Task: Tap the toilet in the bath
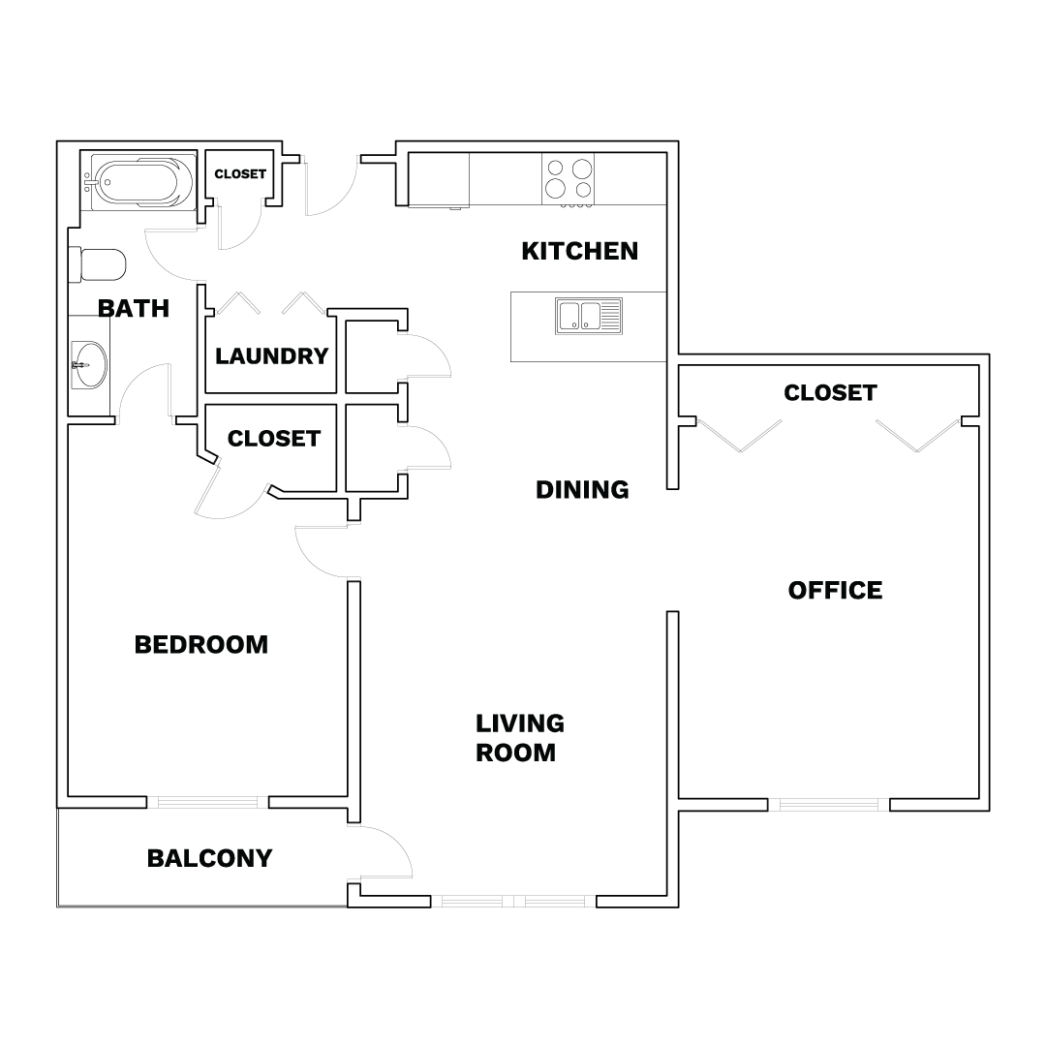[98, 265]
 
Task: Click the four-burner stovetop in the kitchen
[569, 179]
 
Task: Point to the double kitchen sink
[589, 316]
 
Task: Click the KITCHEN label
[580, 251]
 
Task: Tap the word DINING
[582, 490]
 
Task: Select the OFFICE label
[835, 591]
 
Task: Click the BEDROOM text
[201, 644]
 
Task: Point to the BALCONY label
[209, 858]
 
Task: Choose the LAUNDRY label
[271, 356]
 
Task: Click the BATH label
[134, 308]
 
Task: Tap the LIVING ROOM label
[520, 738]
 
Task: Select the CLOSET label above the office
[830, 393]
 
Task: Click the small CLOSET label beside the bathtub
[240, 173]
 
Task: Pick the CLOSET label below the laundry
[274, 439]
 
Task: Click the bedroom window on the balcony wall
[207, 803]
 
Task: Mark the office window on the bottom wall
[828, 805]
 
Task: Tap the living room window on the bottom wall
[513, 902]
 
